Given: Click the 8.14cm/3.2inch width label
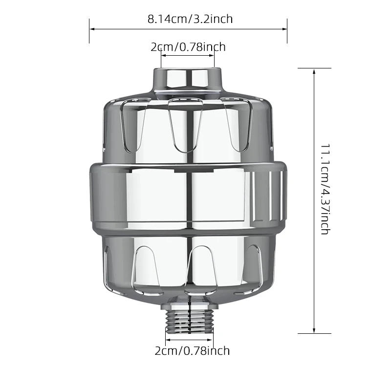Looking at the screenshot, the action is [190, 19].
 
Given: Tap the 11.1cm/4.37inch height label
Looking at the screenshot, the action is [326, 189].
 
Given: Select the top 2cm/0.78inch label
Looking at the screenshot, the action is [188, 47].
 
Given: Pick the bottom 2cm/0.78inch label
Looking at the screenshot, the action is [192, 351].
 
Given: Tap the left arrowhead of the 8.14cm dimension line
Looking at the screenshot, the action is [92, 29].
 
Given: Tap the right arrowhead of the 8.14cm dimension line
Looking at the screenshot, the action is [284, 29].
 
